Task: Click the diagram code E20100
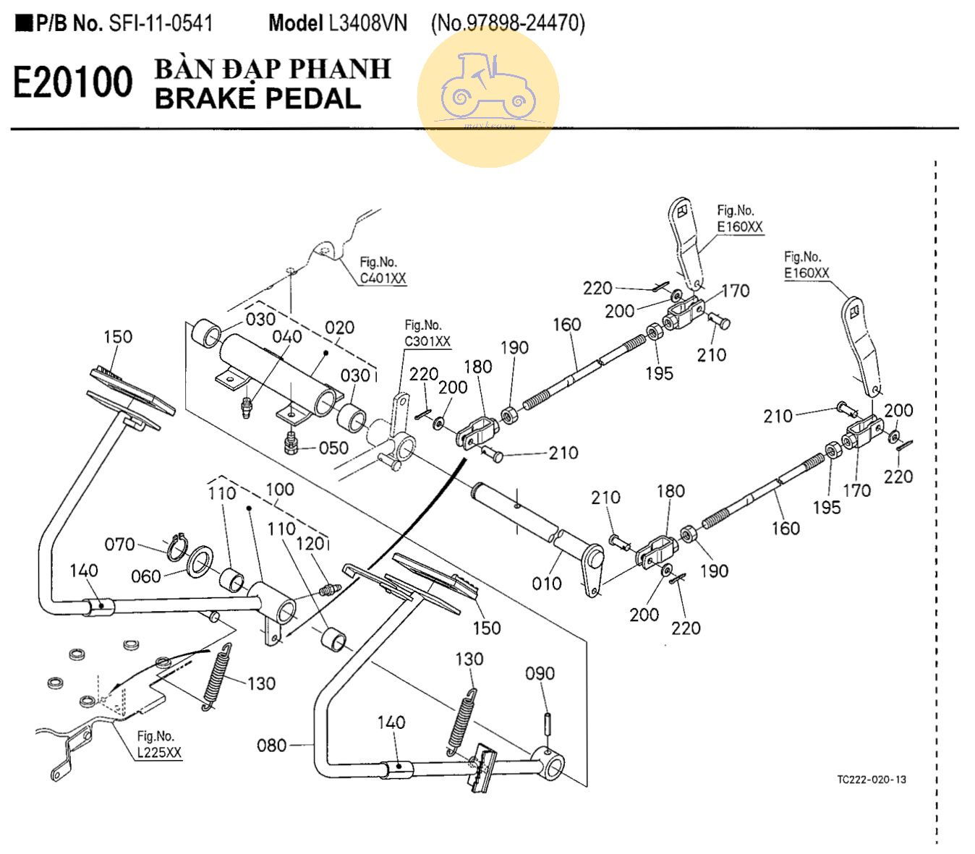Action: pos(73,82)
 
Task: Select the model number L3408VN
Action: pos(367,23)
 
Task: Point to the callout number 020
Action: pos(339,328)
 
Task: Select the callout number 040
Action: pos(286,336)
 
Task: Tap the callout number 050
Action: pos(333,448)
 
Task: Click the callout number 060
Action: pos(145,576)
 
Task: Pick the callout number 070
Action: pos(119,544)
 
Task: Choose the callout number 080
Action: pos(271,745)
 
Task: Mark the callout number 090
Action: pos(540,673)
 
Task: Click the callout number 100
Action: pos(279,490)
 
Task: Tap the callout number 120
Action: pos(310,543)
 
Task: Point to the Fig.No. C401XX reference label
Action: pos(383,270)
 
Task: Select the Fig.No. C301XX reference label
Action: pos(427,333)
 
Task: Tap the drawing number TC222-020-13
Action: pos(871,780)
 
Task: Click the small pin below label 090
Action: pos(548,722)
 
